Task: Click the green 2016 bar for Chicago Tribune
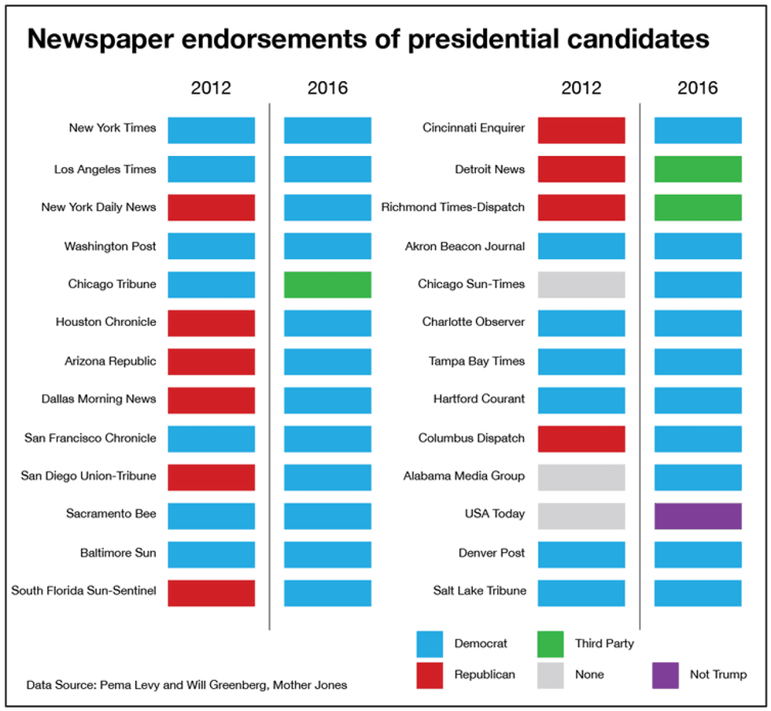coord(327,284)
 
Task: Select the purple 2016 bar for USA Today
coord(698,516)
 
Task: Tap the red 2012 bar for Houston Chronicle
coord(211,323)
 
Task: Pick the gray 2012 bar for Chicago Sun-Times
coord(581,284)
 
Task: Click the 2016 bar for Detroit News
coord(698,169)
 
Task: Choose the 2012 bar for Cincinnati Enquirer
coord(581,130)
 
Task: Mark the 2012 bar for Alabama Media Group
coord(581,477)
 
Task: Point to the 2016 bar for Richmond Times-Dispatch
coord(698,207)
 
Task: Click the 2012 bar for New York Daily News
coord(211,207)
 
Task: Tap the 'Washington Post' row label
coord(110,246)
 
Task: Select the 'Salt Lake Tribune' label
coord(480,591)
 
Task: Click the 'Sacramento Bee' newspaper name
coord(111,514)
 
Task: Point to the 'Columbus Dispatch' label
coord(471,439)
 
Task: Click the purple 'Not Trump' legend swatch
coord(666,674)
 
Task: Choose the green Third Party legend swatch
coord(550,644)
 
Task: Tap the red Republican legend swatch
coord(430,674)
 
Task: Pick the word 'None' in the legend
coord(589,675)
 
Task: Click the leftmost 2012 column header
coord(211,87)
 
